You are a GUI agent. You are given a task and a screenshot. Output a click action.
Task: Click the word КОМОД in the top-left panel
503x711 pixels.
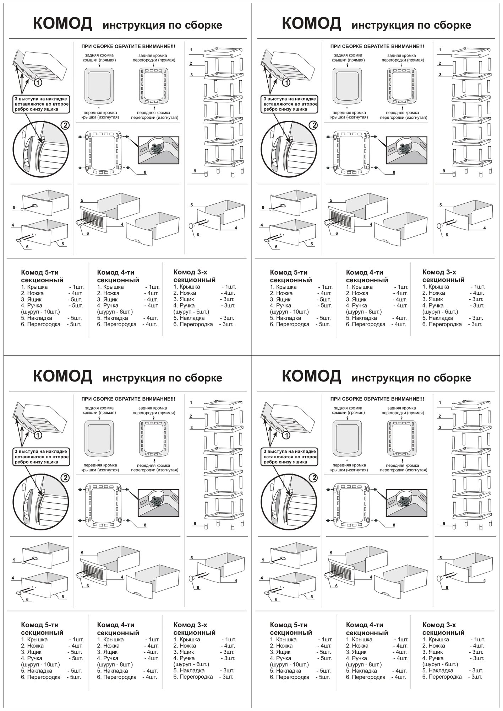coord(62,24)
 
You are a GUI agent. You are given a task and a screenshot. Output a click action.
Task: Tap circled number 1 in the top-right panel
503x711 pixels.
coord(287,83)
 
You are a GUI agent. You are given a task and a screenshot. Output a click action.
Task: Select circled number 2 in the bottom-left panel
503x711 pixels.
coord(65,477)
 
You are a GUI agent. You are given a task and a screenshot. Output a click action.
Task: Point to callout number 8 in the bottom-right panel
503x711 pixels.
coord(394,525)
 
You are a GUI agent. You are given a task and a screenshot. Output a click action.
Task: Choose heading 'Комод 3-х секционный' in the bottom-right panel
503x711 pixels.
coord(443,629)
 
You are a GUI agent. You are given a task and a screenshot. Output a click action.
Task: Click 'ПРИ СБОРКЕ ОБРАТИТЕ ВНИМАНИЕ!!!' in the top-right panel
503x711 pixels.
coord(377,46)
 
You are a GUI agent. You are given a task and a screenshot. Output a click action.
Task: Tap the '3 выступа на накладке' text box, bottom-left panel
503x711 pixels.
coord(41,456)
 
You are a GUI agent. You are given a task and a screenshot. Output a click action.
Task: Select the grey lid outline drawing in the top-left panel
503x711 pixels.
coord(99,85)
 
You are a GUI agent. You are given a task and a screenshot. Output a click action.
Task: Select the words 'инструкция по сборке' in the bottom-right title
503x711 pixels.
coord(411,378)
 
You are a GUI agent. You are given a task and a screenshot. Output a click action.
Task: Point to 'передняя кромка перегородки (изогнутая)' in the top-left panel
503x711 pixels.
coord(155,115)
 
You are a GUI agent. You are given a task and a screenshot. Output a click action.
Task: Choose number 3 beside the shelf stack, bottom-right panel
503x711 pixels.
coord(440,427)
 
